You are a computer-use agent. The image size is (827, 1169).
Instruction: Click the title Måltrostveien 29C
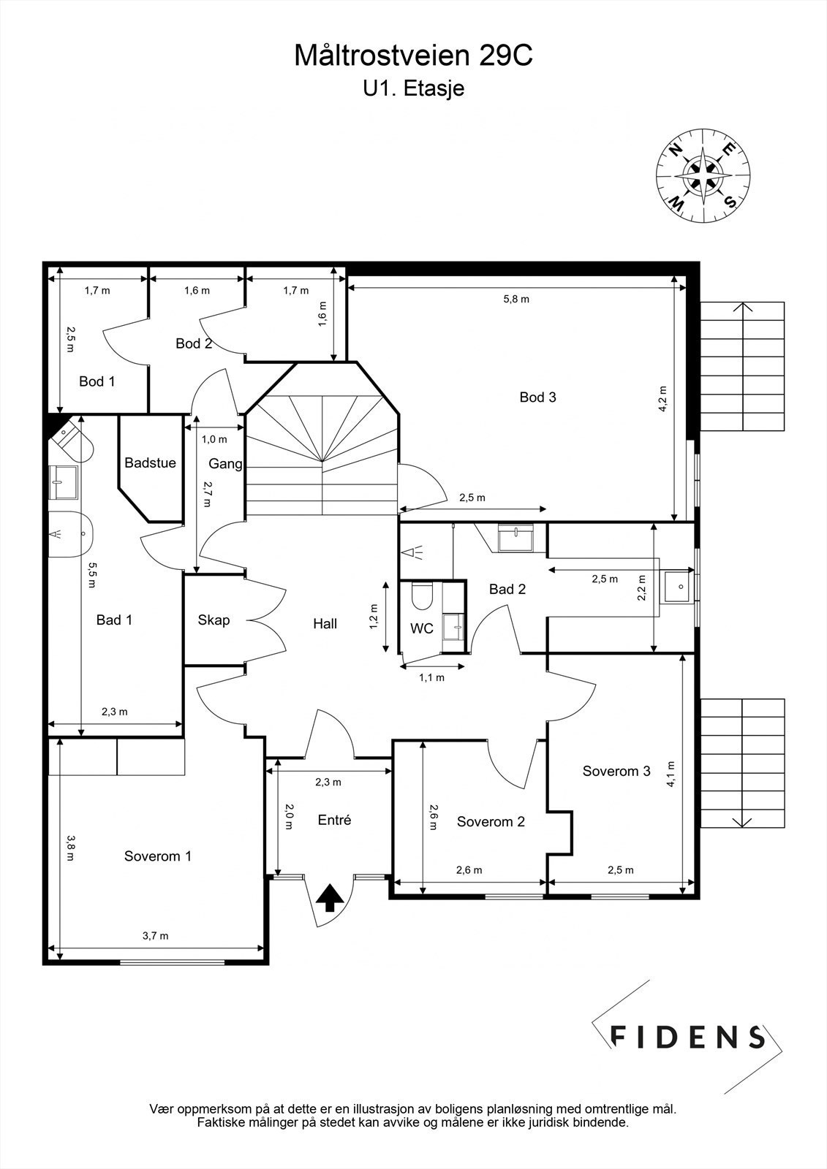413,56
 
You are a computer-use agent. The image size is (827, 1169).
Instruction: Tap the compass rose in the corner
703,175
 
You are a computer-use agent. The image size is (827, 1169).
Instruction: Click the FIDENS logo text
687,1037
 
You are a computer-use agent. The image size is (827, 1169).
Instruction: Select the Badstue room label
150,463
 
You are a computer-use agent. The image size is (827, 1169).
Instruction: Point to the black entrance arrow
330,897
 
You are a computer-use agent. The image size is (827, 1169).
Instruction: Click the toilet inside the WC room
421,596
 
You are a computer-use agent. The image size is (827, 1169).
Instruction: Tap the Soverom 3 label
616,771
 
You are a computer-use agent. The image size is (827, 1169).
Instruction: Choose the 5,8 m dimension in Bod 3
516,299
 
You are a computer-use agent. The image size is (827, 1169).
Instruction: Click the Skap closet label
214,620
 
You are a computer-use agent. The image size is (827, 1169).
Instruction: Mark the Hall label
325,623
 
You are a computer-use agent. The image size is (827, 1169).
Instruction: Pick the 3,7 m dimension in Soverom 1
156,936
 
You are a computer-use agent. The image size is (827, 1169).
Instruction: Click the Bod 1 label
97,381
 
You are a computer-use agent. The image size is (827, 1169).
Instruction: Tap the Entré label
334,820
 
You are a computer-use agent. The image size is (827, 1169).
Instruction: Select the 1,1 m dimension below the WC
431,677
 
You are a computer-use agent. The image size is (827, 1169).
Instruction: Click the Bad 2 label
507,589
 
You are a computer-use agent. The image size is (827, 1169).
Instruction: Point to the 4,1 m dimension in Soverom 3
671,774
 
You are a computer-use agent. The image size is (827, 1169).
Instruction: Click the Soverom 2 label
491,821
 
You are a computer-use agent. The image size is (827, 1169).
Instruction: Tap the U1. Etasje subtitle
414,88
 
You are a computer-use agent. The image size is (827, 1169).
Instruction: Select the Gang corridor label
225,463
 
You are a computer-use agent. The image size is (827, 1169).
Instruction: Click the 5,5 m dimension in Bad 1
92,574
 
